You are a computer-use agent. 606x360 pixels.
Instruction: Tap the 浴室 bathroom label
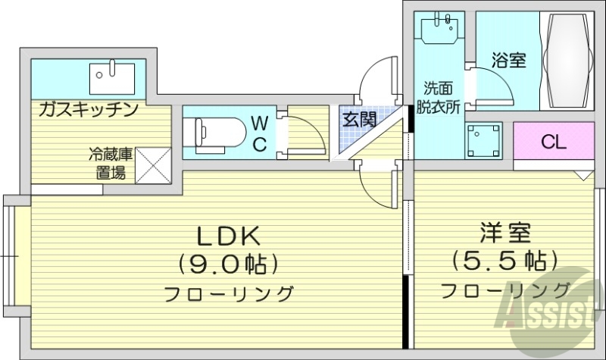pos(508,61)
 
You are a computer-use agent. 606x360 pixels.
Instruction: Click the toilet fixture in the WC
pos(217,133)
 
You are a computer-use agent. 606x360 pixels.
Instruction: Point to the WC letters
pos(259,133)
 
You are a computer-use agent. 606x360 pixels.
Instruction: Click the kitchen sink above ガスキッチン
pos(111,77)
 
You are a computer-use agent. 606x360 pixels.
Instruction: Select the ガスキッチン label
pos(88,110)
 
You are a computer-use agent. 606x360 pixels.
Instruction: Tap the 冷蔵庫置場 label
pos(111,164)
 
